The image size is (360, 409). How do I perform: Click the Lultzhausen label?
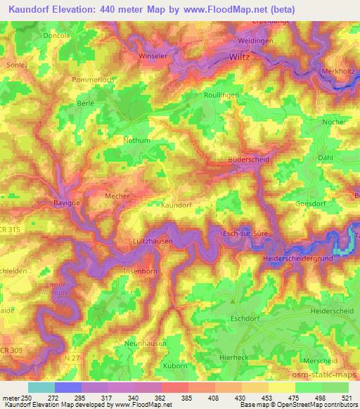(148, 241)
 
